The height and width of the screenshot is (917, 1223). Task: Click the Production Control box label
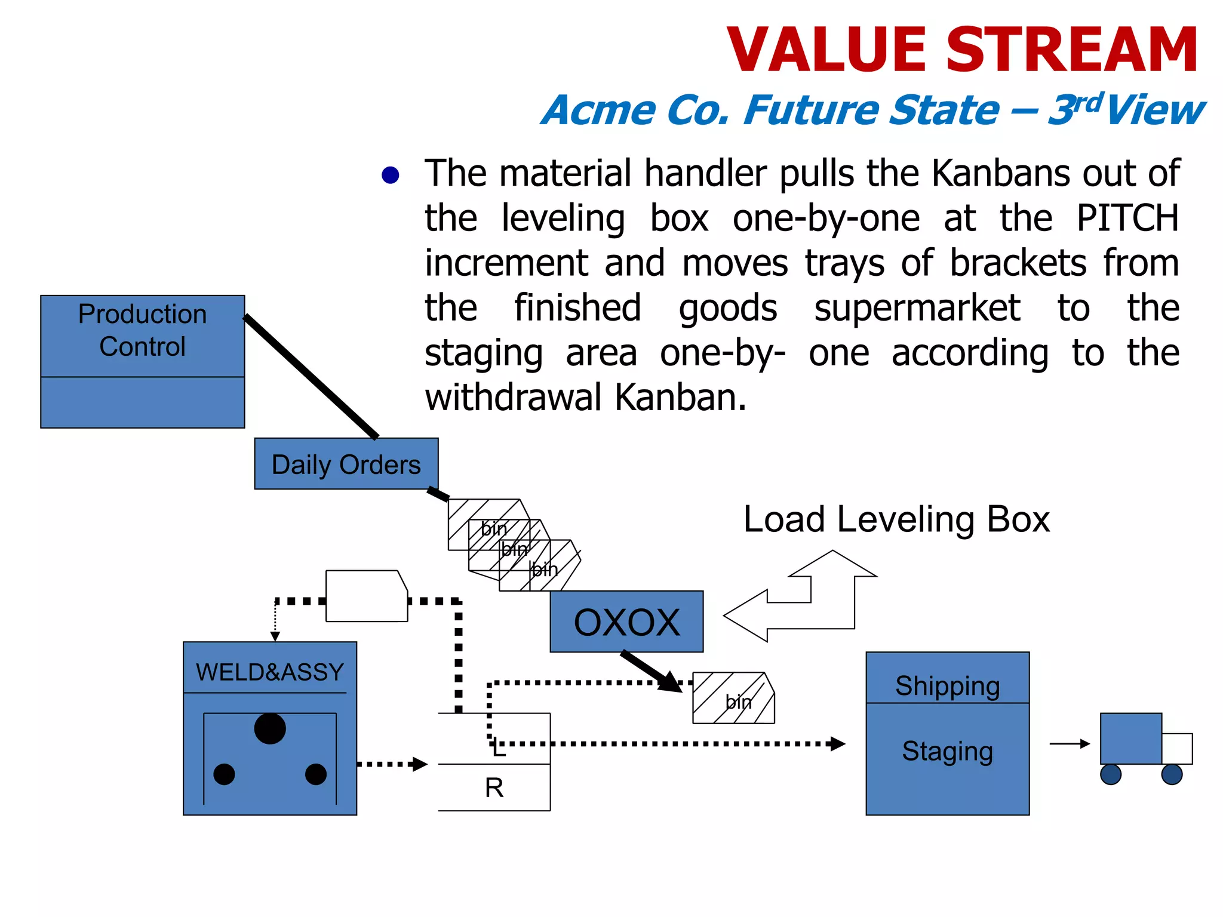pyautogui.click(x=142, y=330)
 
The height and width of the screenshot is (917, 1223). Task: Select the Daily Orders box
pyautogui.click(x=346, y=464)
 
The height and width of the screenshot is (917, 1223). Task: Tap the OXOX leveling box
pyautogui.click(x=626, y=621)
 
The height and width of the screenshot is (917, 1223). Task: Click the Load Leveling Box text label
pyautogui.click(x=896, y=519)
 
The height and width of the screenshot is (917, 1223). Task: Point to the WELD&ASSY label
pyautogui.click(x=269, y=672)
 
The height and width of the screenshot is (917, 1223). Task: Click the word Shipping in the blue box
pyautogui.click(x=947, y=685)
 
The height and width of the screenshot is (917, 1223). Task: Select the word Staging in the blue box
pyautogui.click(x=947, y=751)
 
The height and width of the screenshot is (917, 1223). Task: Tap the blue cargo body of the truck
pyautogui.click(x=1130, y=738)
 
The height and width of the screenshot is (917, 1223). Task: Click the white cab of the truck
pyautogui.click(x=1177, y=749)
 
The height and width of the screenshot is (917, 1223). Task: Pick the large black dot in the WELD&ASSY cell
pyautogui.click(x=270, y=728)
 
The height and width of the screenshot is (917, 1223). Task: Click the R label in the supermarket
pyautogui.click(x=494, y=788)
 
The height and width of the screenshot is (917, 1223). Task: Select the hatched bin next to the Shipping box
pyautogui.click(x=733, y=698)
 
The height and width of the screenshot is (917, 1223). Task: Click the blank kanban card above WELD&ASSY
pyautogui.click(x=367, y=596)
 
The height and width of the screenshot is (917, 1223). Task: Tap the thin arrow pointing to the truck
pyautogui.click(x=1069, y=744)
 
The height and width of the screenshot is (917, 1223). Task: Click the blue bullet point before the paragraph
pyautogui.click(x=391, y=175)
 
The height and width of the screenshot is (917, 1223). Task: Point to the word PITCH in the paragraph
pyautogui.click(x=1127, y=218)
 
